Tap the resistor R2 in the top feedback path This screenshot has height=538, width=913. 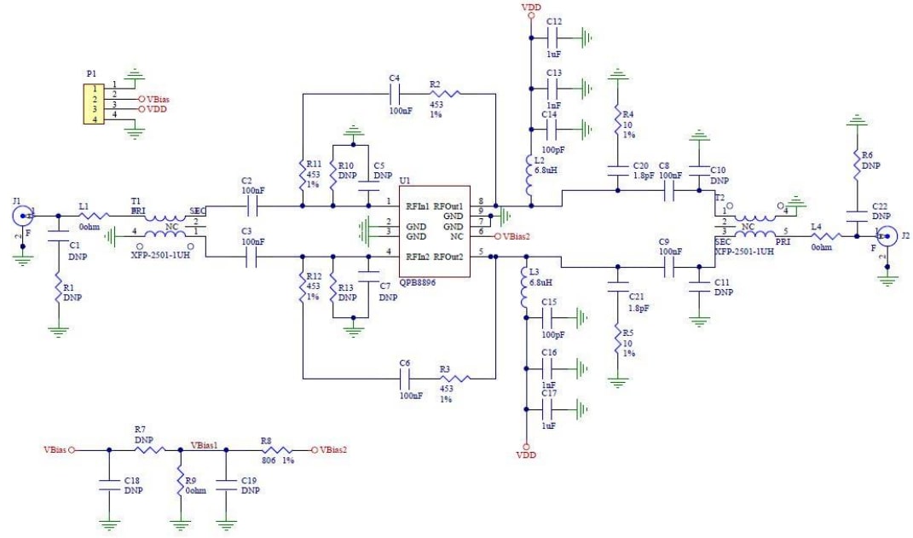click(x=444, y=94)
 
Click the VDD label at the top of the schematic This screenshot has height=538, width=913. click(x=530, y=7)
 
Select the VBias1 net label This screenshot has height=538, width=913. click(x=205, y=444)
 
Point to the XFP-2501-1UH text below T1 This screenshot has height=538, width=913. click(x=162, y=255)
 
